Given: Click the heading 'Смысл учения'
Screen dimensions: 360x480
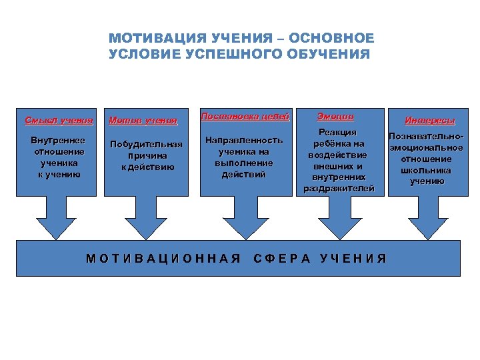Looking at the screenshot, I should coord(59,121).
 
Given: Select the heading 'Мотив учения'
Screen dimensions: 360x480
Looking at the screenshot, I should coord(143,121).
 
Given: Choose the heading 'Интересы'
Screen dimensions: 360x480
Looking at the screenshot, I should coord(431,121).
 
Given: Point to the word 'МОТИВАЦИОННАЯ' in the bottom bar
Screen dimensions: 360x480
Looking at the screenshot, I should coord(163,259).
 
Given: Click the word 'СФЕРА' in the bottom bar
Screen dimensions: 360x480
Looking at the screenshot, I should coord(283,259).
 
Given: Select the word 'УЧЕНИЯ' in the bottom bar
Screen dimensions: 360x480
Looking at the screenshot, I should coord(353,259).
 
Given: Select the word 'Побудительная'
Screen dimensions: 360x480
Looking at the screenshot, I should coord(146,144).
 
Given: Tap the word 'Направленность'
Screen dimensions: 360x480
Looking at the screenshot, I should coord(244,141).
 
